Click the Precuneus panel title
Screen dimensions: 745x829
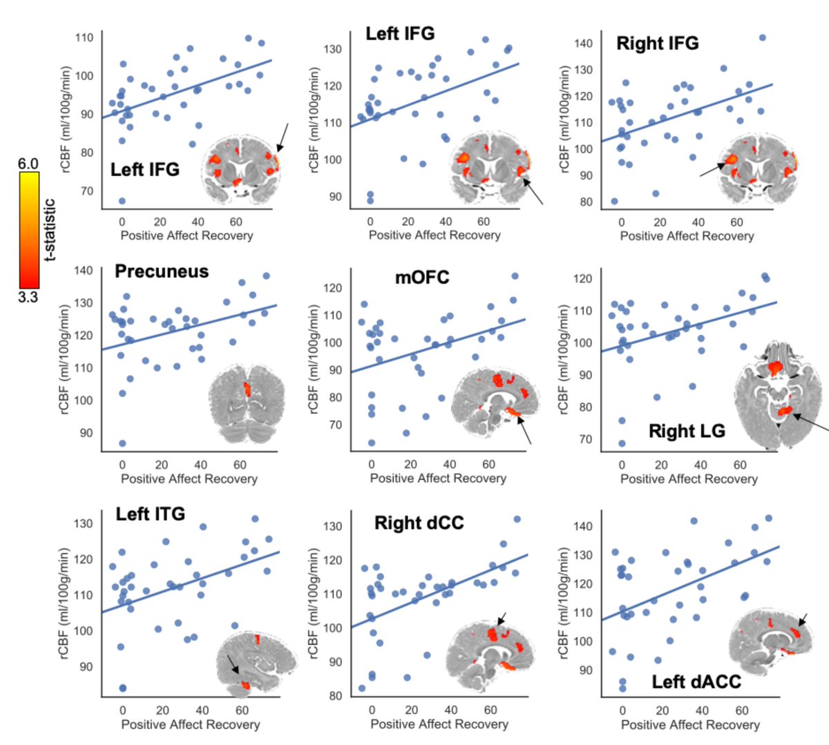click(162, 271)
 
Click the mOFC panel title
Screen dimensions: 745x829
click(421, 278)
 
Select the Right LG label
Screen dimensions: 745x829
click(687, 432)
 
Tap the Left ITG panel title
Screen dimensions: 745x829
click(151, 514)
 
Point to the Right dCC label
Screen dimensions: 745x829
click(419, 523)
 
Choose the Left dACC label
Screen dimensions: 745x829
click(696, 682)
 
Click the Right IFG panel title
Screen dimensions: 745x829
click(657, 43)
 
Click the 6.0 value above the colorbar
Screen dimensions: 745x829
click(28, 164)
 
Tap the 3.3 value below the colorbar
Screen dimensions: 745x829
click(28, 298)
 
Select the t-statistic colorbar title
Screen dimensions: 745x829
click(49, 230)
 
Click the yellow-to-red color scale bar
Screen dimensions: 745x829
click(29, 230)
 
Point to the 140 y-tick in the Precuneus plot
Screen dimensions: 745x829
click(83, 271)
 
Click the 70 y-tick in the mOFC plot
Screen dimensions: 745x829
click(335, 425)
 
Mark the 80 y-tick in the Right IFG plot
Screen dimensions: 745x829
click(586, 202)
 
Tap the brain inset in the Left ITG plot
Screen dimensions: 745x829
click(256, 663)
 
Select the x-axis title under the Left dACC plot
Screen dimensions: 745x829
click(689, 724)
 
